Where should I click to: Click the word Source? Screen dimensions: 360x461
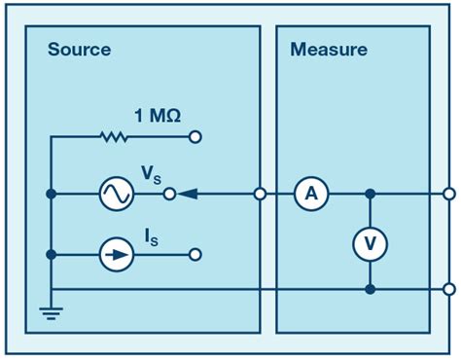79,49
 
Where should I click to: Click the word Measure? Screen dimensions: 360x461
329,49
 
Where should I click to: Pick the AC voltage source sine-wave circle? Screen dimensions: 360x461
116,195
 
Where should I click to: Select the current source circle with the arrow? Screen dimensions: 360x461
116,255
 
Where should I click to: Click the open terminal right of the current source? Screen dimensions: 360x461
195,255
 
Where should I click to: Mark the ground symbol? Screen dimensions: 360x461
50,310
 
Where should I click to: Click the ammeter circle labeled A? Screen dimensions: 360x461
311,195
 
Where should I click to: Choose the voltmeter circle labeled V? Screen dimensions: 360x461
370,247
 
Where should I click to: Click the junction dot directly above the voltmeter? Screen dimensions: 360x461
370,195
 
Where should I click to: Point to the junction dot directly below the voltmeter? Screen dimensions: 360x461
370,289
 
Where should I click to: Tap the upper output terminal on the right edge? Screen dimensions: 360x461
448,195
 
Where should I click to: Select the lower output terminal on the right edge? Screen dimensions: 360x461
448,289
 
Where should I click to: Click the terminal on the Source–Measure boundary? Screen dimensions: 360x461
260,195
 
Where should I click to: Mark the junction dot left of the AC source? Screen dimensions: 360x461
50,195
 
